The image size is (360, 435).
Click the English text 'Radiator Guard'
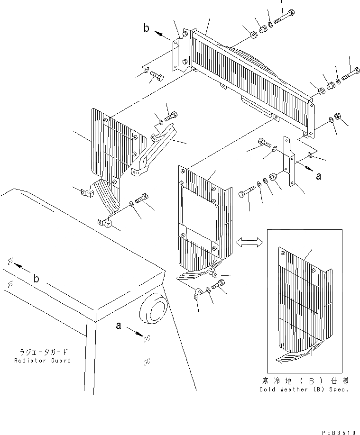pos(42,361)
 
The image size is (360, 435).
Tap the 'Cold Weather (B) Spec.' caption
pos(304,389)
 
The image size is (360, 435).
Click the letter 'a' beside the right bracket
pos(319,176)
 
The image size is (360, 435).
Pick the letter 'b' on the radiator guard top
pos(36,279)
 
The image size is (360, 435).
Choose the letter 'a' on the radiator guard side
pos(119,326)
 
